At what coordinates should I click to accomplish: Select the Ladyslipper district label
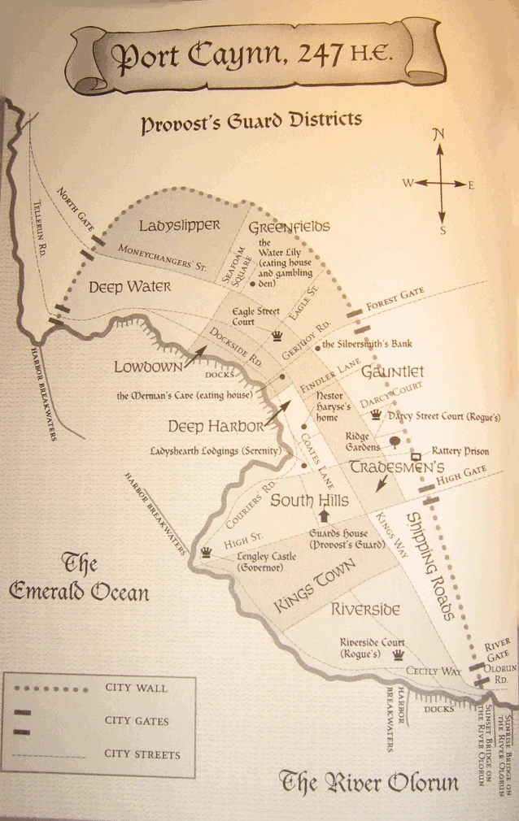(x=176, y=225)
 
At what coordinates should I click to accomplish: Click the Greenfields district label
(x=289, y=227)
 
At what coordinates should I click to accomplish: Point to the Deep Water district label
(x=129, y=287)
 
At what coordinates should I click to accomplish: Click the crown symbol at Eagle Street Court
(x=277, y=336)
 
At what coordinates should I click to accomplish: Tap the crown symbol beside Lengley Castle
(x=207, y=552)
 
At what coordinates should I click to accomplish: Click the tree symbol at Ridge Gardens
(x=395, y=442)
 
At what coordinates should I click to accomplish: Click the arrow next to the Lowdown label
(x=195, y=355)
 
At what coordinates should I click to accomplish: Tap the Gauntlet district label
(x=392, y=372)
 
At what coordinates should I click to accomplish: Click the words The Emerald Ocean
(x=79, y=578)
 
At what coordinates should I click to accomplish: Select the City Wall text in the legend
(x=136, y=688)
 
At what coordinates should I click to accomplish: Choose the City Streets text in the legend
(x=142, y=754)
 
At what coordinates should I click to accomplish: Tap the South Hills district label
(x=309, y=501)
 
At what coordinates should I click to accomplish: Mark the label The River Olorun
(x=369, y=783)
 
